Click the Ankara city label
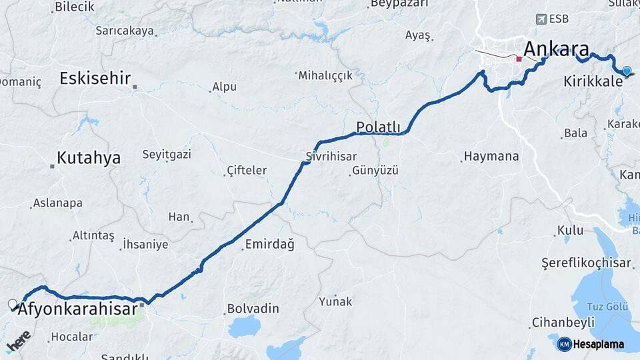pos(556,49)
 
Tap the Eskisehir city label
pos(95,78)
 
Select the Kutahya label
pos(88,158)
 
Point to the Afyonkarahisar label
pos(77,309)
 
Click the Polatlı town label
pos(378,127)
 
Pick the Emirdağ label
pos(269,244)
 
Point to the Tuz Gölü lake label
pos(607,306)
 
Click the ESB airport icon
pos(541,19)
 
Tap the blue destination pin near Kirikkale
pos(627,71)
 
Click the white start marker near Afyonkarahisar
pos(13,305)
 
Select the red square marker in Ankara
pos(519,59)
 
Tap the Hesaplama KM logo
pos(591,344)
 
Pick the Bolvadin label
pos(253,309)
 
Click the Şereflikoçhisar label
pos(586,263)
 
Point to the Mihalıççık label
pos(325,75)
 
